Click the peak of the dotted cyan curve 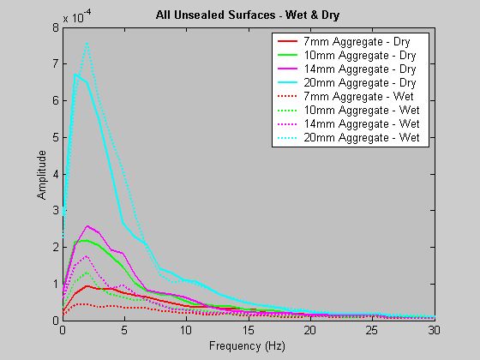coord(87,43)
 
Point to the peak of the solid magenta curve coord(87,226)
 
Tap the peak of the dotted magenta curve coord(87,256)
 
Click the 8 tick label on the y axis coord(55,27)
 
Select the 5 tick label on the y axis coord(55,137)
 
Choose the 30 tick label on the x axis coord(435,330)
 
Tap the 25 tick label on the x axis coord(372,330)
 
